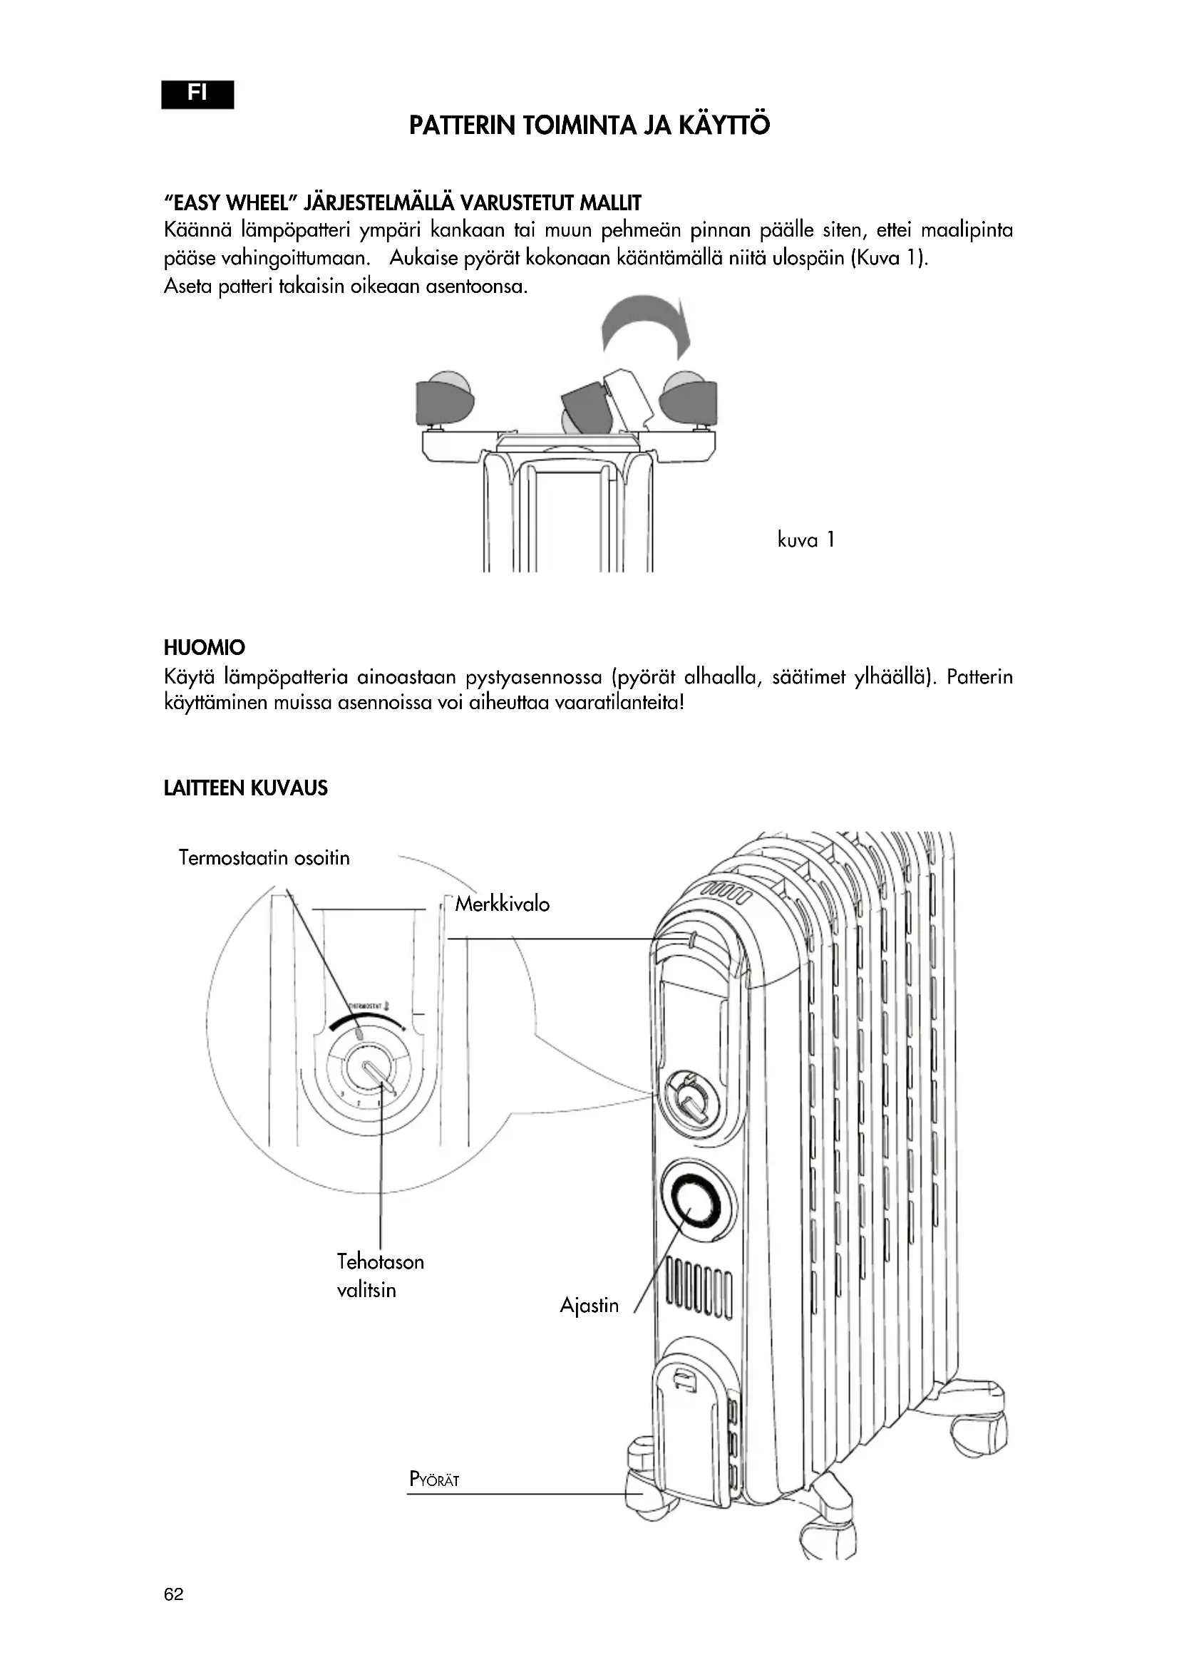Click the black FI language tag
tap(197, 94)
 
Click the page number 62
tap(173, 1594)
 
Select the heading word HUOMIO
tap(204, 647)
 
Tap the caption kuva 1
tap(806, 540)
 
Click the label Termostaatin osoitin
tap(264, 857)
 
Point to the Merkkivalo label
tap(503, 904)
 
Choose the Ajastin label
tap(589, 1306)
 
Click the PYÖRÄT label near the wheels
tap(434, 1479)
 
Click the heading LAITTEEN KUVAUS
tap(245, 788)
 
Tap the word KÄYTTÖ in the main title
tap(724, 125)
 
